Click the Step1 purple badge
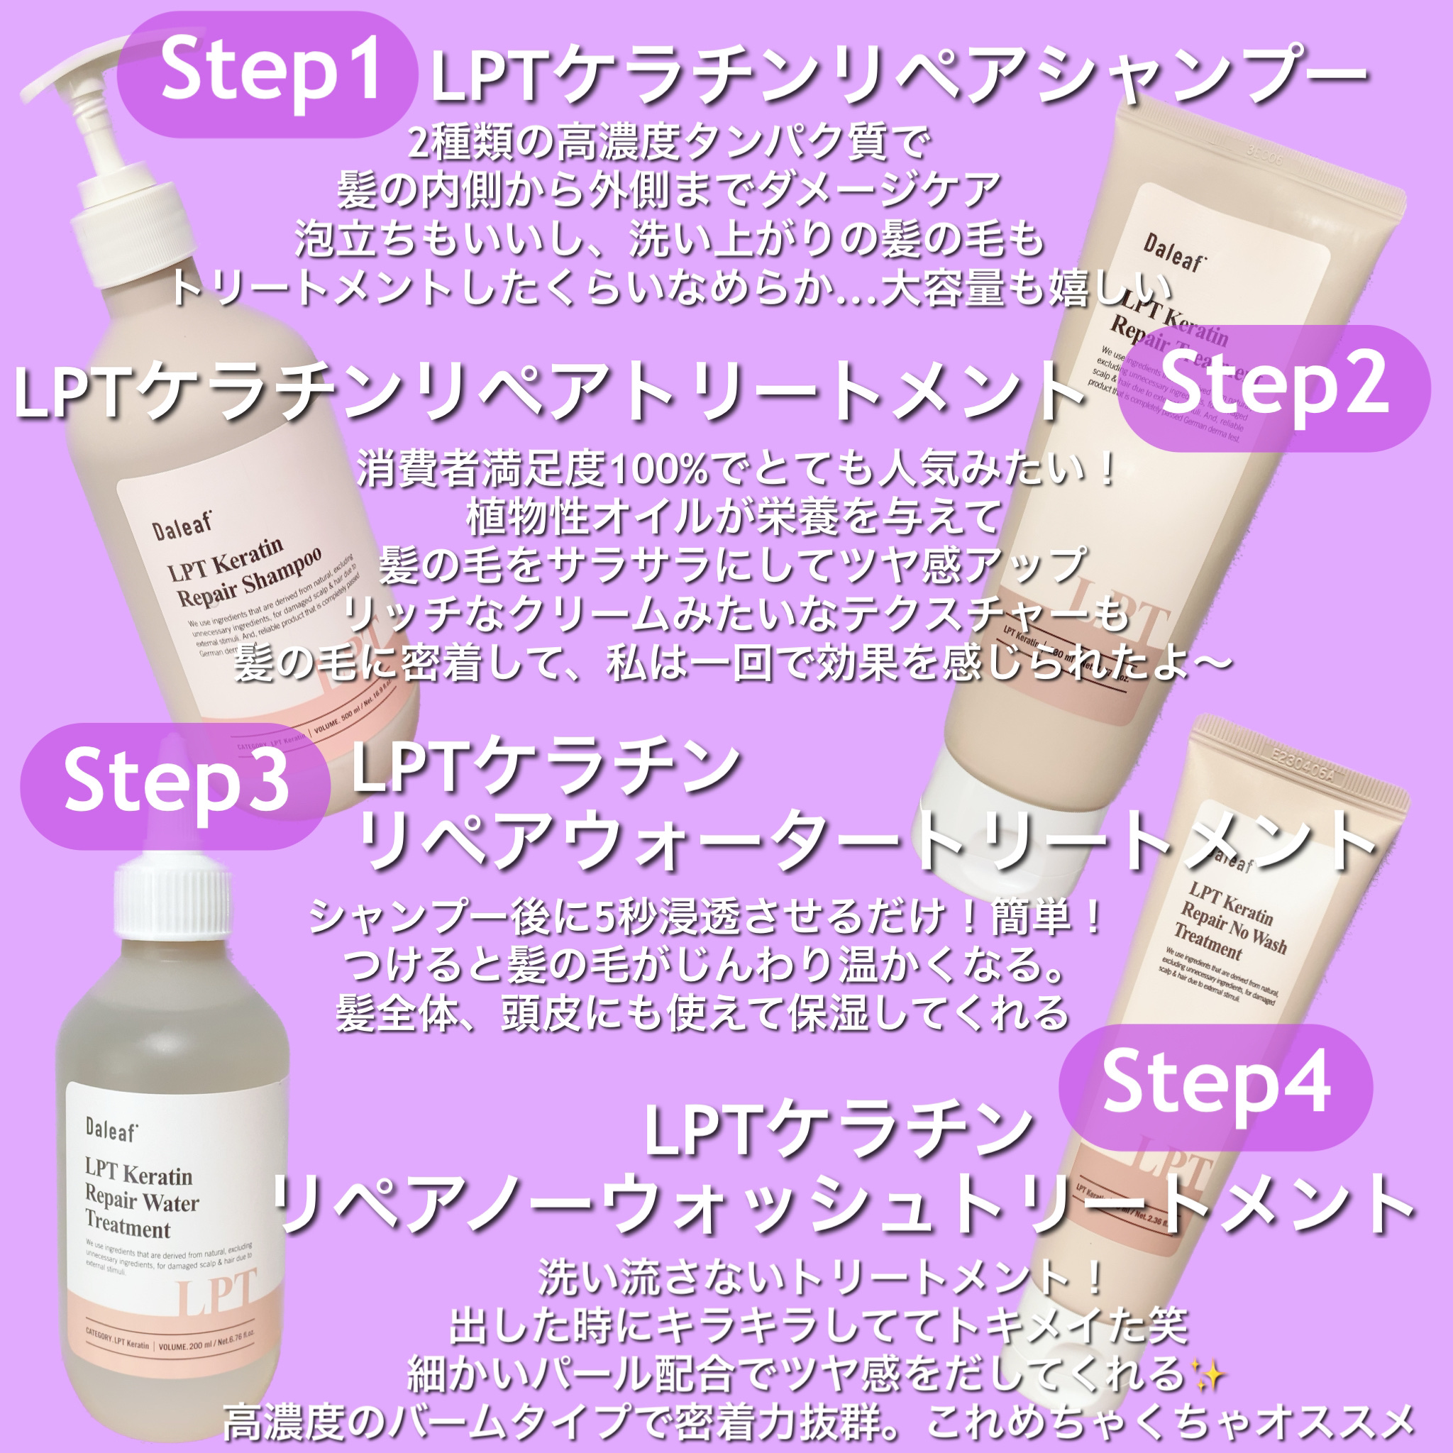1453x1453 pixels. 267,73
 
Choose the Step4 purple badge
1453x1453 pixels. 1215,1085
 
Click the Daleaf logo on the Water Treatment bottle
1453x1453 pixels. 111,1129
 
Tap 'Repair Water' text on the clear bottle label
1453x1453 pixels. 141,1200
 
